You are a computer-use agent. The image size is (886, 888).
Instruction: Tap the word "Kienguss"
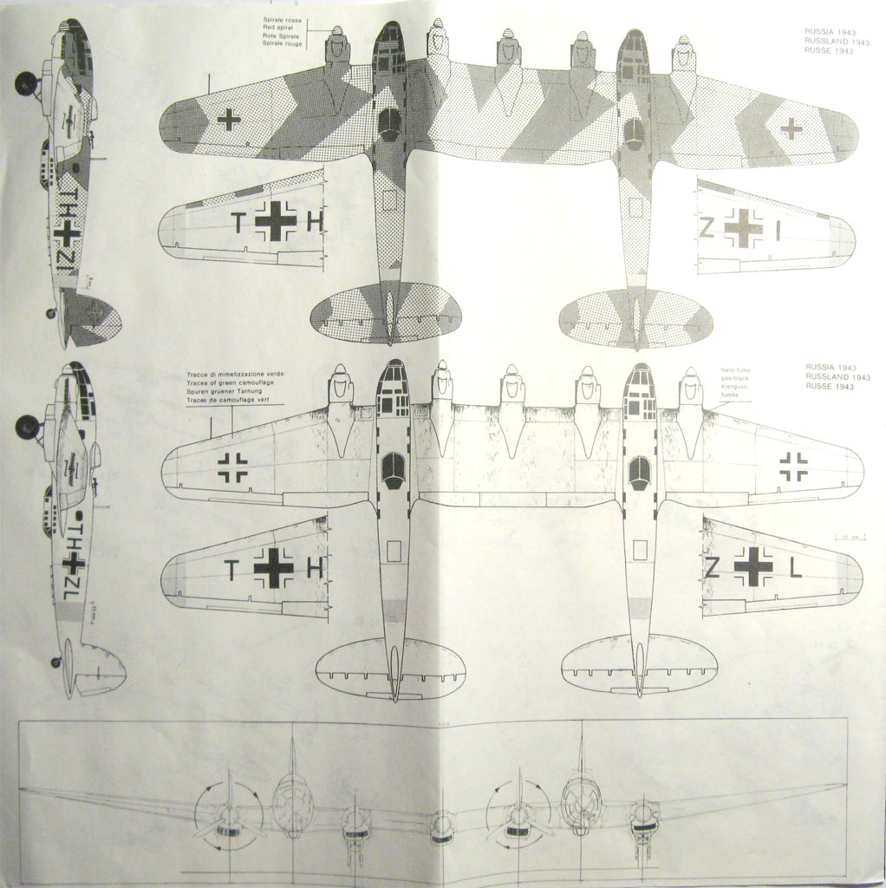point(733,387)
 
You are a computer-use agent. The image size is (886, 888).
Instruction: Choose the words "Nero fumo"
point(733,370)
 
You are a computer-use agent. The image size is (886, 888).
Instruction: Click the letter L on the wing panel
point(797,568)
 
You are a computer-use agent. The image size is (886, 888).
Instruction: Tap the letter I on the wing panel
point(779,230)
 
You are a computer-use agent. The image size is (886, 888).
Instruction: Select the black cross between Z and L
point(752,567)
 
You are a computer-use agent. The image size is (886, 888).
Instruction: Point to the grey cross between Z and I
point(743,228)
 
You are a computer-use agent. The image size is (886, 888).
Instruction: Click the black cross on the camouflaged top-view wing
point(229,120)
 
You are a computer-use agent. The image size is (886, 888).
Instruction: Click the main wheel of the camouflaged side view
point(26,83)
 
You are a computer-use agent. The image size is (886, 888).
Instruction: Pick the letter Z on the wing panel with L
point(712,568)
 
